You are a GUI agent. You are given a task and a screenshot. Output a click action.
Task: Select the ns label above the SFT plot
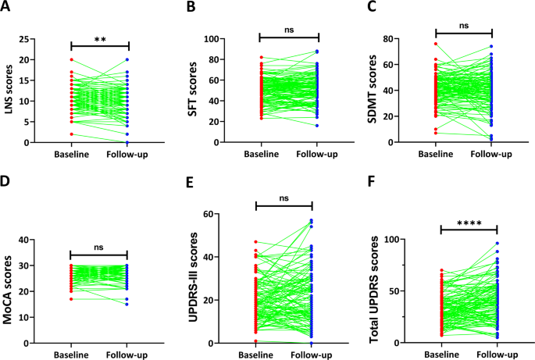289,28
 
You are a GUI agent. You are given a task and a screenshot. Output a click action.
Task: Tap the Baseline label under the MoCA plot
71,353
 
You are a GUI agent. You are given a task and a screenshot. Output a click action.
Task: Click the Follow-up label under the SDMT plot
492,154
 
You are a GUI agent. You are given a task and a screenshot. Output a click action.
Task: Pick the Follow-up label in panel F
497,353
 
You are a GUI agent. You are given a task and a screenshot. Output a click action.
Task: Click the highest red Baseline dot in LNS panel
71,60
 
